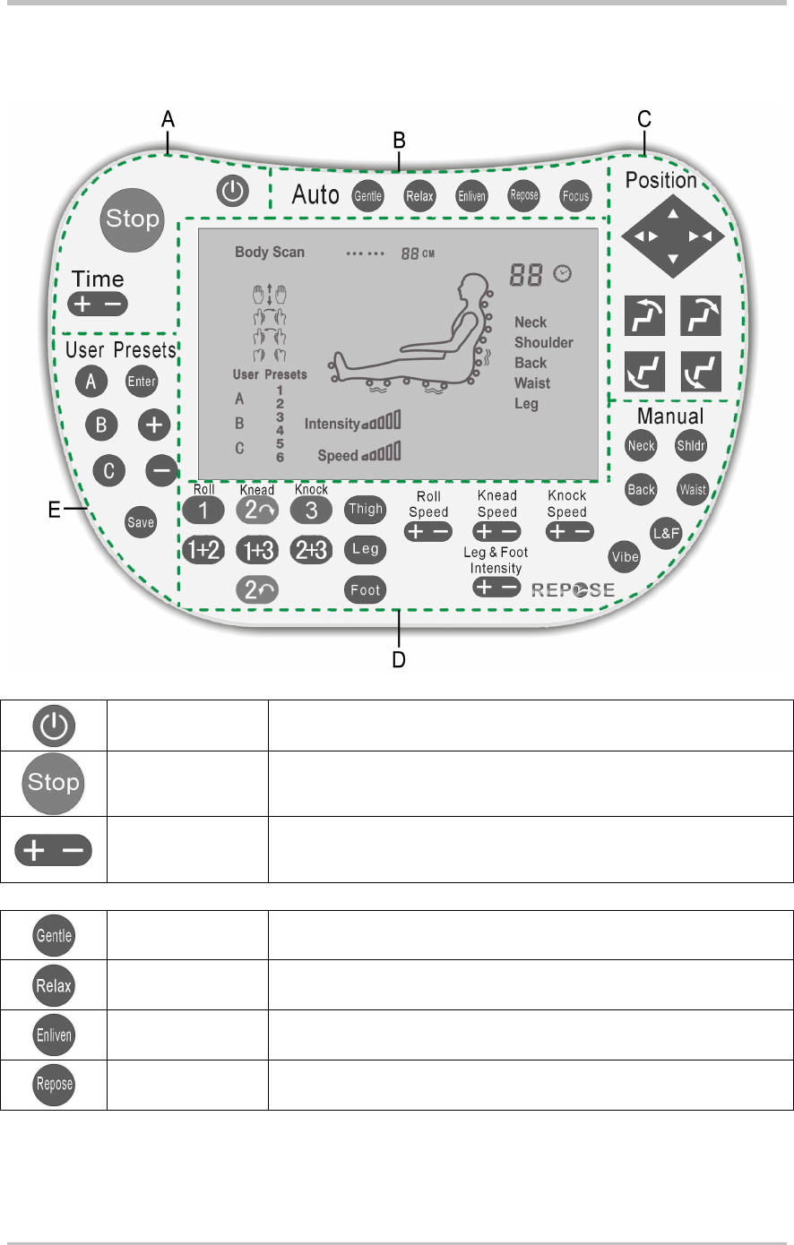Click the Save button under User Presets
(141, 522)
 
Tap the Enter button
(142, 382)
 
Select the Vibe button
(625, 556)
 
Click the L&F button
(667, 534)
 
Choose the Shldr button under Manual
(691, 445)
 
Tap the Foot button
(366, 589)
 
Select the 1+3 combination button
(257, 550)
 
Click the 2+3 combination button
(311, 550)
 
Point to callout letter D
(399, 660)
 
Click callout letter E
(55, 511)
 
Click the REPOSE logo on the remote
(574, 589)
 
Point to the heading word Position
(661, 180)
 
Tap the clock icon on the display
(563, 274)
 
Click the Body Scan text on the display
(270, 252)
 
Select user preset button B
(101, 424)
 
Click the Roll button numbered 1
(203, 511)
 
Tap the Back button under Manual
(642, 489)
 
